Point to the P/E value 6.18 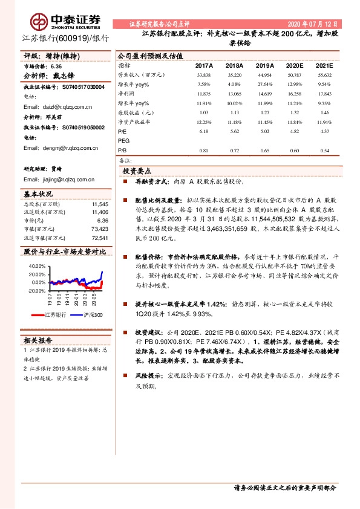[203, 130]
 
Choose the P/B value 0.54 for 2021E [324, 150]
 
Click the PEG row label [124, 140]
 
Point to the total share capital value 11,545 [100, 205]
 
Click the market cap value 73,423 [99, 229]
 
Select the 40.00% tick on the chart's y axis [37, 266]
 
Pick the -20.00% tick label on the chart [36, 291]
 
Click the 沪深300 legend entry [91, 315]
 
